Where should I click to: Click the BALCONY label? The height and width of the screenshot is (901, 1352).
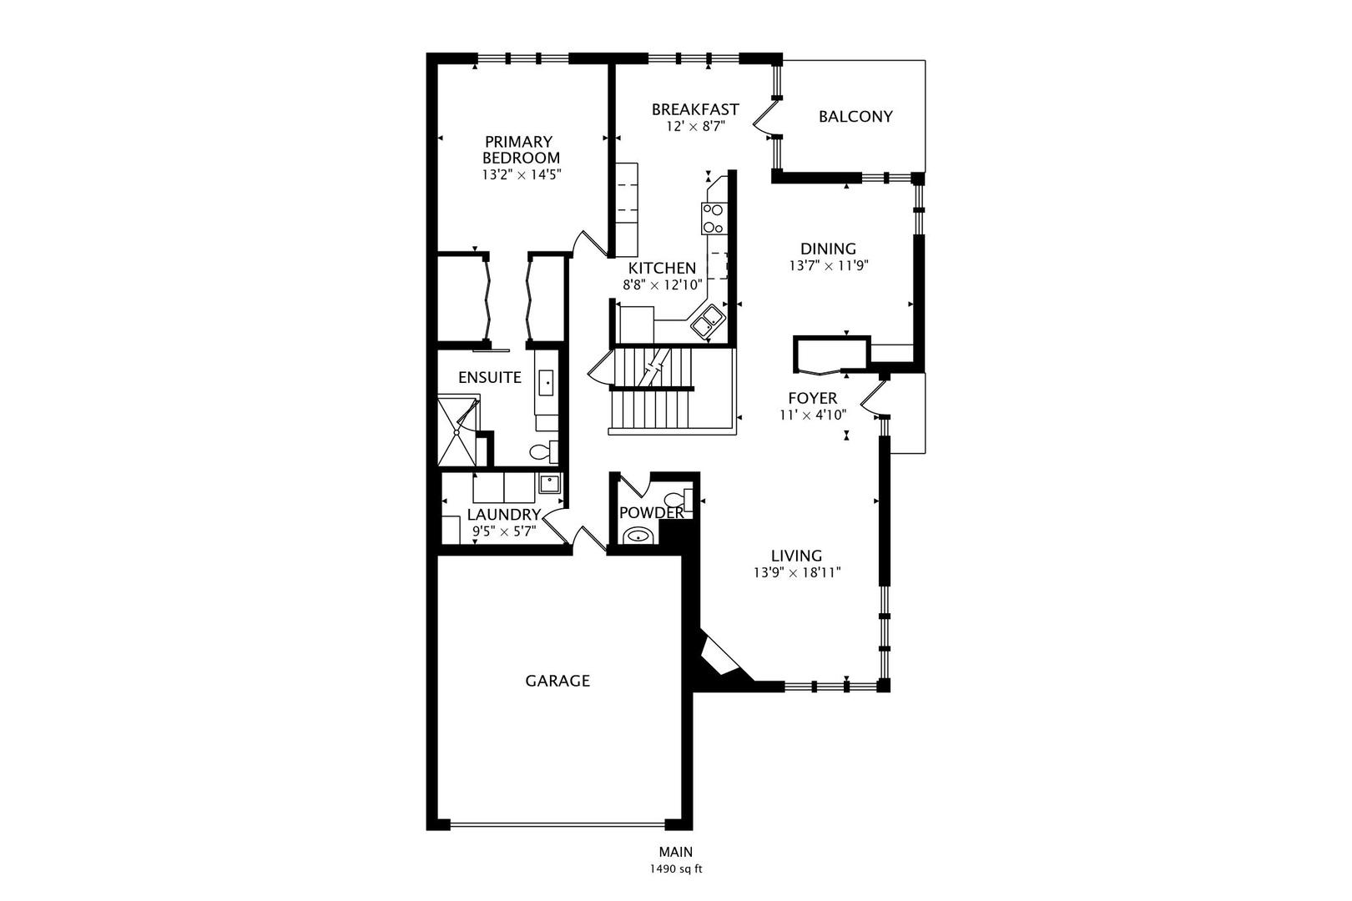click(x=855, y=117)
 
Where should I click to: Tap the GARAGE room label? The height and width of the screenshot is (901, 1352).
click(x=557, y=681)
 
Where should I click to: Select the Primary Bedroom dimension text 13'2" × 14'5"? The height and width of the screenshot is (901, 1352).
click(x=522, y=175)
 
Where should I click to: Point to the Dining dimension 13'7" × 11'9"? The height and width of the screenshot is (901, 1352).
click(x=828, y=265)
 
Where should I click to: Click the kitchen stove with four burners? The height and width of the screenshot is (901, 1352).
click(x=714, y=219)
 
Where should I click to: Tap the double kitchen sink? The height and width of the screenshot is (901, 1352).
click(x=708, y=322)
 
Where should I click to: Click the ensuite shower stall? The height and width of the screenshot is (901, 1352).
click(x=457, y=430)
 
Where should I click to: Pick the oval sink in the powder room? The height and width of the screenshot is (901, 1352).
click(x=637, y=535)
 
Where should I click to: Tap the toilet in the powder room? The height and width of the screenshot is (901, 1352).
click(x=677, y=500)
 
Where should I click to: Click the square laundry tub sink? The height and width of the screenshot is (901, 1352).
click(x=549, y=483)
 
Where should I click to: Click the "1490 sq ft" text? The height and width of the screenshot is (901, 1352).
click(x=676, y=869)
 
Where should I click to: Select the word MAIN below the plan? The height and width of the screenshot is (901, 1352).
click(x=676, y=852)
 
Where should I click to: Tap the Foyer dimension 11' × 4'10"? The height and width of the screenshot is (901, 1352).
click(x=813, y=415)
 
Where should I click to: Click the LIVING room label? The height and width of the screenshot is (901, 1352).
click(x=797, y=556)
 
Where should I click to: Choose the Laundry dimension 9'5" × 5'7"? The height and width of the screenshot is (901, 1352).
click(x=504, y=531)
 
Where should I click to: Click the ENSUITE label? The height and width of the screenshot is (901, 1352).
click(x=490, y=378)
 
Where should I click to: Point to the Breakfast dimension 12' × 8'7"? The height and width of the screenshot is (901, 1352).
click(x=695, y=127)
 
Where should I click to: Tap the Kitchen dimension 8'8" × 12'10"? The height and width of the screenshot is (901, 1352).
click(x=663, y=284)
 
